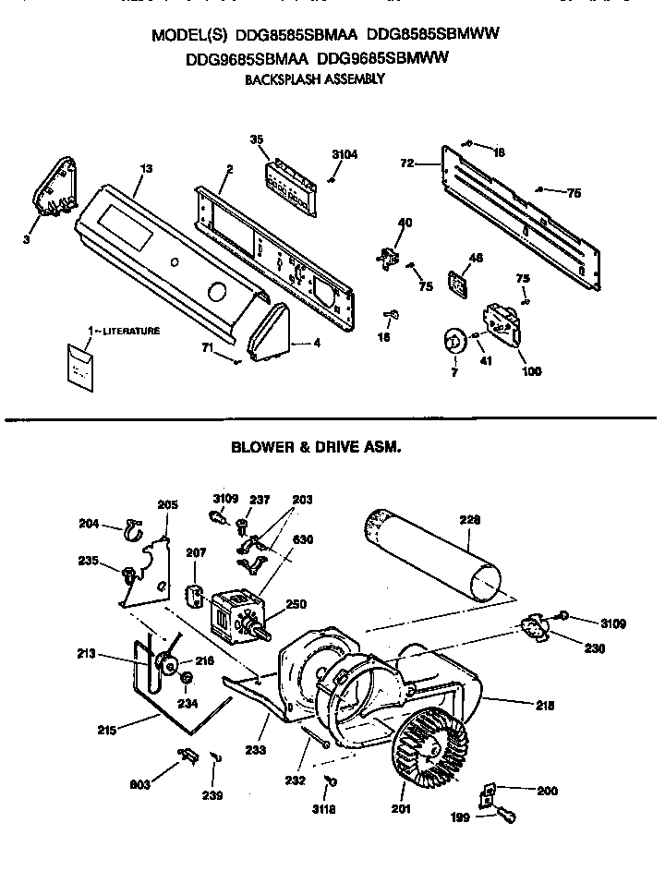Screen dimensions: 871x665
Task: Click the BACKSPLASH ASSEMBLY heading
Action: point(314,79)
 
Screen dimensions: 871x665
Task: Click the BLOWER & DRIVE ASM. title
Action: point(315,446)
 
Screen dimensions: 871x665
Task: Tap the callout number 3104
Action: point(344,155)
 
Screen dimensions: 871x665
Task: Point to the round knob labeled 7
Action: point(453,342)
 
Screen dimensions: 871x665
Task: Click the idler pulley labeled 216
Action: point(167,661)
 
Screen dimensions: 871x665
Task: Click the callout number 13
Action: point(145,168)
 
